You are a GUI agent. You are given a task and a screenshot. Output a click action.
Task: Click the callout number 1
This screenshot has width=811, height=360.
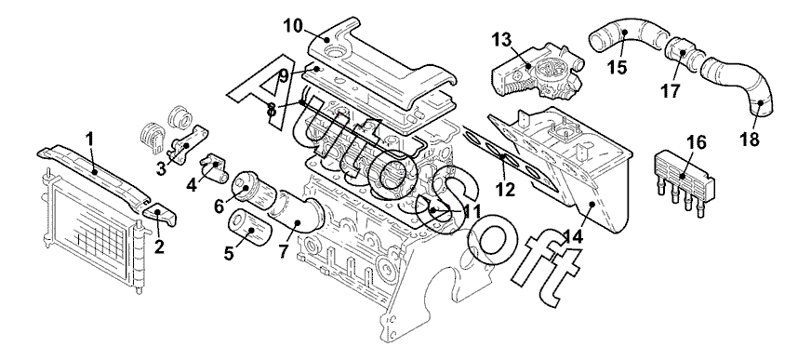(89, 139)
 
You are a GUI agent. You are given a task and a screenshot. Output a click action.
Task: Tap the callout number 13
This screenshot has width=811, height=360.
(501, 39)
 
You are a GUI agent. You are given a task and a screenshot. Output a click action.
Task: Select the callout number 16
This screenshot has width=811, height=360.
(697, 142)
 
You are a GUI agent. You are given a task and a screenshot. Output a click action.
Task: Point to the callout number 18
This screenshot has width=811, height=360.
(751, 140)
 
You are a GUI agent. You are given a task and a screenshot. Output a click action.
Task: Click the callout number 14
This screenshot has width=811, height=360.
(574, 236)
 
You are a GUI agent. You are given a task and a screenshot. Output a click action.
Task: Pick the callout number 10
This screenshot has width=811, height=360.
(293, 25)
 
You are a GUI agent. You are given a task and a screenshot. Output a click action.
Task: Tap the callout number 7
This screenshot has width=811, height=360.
(283, 251)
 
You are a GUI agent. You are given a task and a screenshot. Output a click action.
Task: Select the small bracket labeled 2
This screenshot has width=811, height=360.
(159, 214)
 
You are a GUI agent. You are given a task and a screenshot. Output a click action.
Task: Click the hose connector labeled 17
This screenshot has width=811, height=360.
(682, 52)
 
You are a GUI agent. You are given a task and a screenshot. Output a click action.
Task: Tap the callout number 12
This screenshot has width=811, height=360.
(505, 190)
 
